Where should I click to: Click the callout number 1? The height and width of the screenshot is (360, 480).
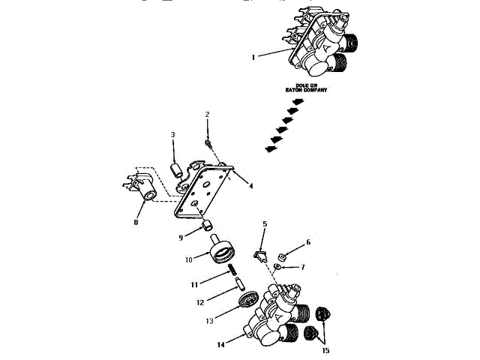point(254,56)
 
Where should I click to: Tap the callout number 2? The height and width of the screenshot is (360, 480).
point(207,114)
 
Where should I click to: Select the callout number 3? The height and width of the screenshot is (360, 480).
point(172,135)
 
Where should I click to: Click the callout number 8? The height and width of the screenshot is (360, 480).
point(136,221)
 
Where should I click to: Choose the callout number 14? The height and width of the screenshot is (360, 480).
point(221,346)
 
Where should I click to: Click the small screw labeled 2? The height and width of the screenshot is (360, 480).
point(211,142)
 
